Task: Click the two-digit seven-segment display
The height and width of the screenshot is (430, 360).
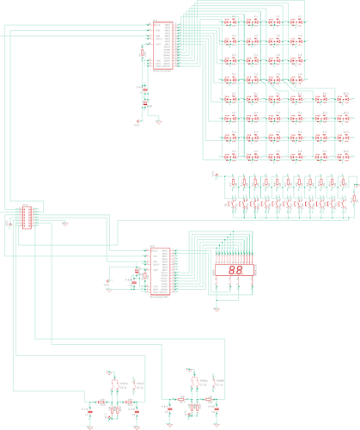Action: tap(233, 270)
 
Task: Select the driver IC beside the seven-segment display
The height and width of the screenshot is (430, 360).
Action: tap(160, 271)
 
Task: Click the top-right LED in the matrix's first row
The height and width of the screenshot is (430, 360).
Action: tap(296, 21)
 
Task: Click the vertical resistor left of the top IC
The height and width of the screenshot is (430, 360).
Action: tap(142, 54)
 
